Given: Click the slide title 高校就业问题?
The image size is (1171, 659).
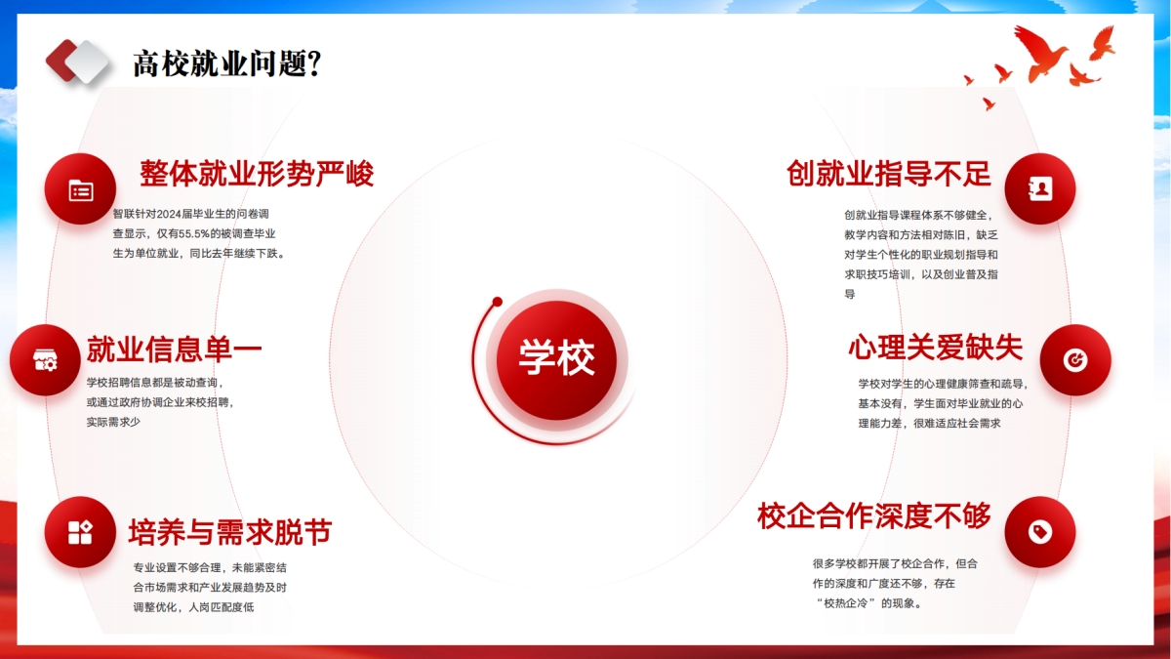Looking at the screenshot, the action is pyautogui.click(x=226, y=63).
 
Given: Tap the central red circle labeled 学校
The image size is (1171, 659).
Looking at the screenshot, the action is pyautogui.click(x=556, y=360).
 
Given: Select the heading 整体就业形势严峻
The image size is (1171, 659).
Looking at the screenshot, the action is pyautogui.click(x=257, y=174).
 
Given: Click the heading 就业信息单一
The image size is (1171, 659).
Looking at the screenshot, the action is pyautogui.click(x=174, y=349).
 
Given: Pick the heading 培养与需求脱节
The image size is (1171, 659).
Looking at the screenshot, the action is pyautogui.click(x=230, y=532).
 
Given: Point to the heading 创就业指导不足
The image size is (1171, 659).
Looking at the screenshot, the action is pyautogui.click(x=889, y=173).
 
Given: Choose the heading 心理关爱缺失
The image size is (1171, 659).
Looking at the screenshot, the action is pyautogui.click(x=935, y=347).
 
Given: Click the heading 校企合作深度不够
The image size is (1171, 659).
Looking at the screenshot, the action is pyautogui.click(x=874, y=515).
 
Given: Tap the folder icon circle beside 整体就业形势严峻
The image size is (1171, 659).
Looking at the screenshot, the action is pyautogui.click(x=80, y=189).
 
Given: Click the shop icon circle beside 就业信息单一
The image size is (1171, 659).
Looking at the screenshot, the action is pyautogui.click(x=45, y=360).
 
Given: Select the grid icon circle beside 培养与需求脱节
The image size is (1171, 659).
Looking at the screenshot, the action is pyautogui.click(x=80, y=532).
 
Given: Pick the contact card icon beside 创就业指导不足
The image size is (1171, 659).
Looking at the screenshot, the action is pyautogui.click(x=1040, y=188).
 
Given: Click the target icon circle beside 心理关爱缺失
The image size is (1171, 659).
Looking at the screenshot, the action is pyautogui.click(x=1075, y=360).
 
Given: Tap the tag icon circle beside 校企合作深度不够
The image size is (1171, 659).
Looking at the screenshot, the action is pyautogui.click(x=1040, y=532).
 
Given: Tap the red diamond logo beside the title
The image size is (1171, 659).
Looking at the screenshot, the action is pyautogui.click(x=61, y=61).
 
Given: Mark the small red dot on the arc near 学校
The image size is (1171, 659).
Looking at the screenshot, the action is pyautogui.click(x=497, y=302).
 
